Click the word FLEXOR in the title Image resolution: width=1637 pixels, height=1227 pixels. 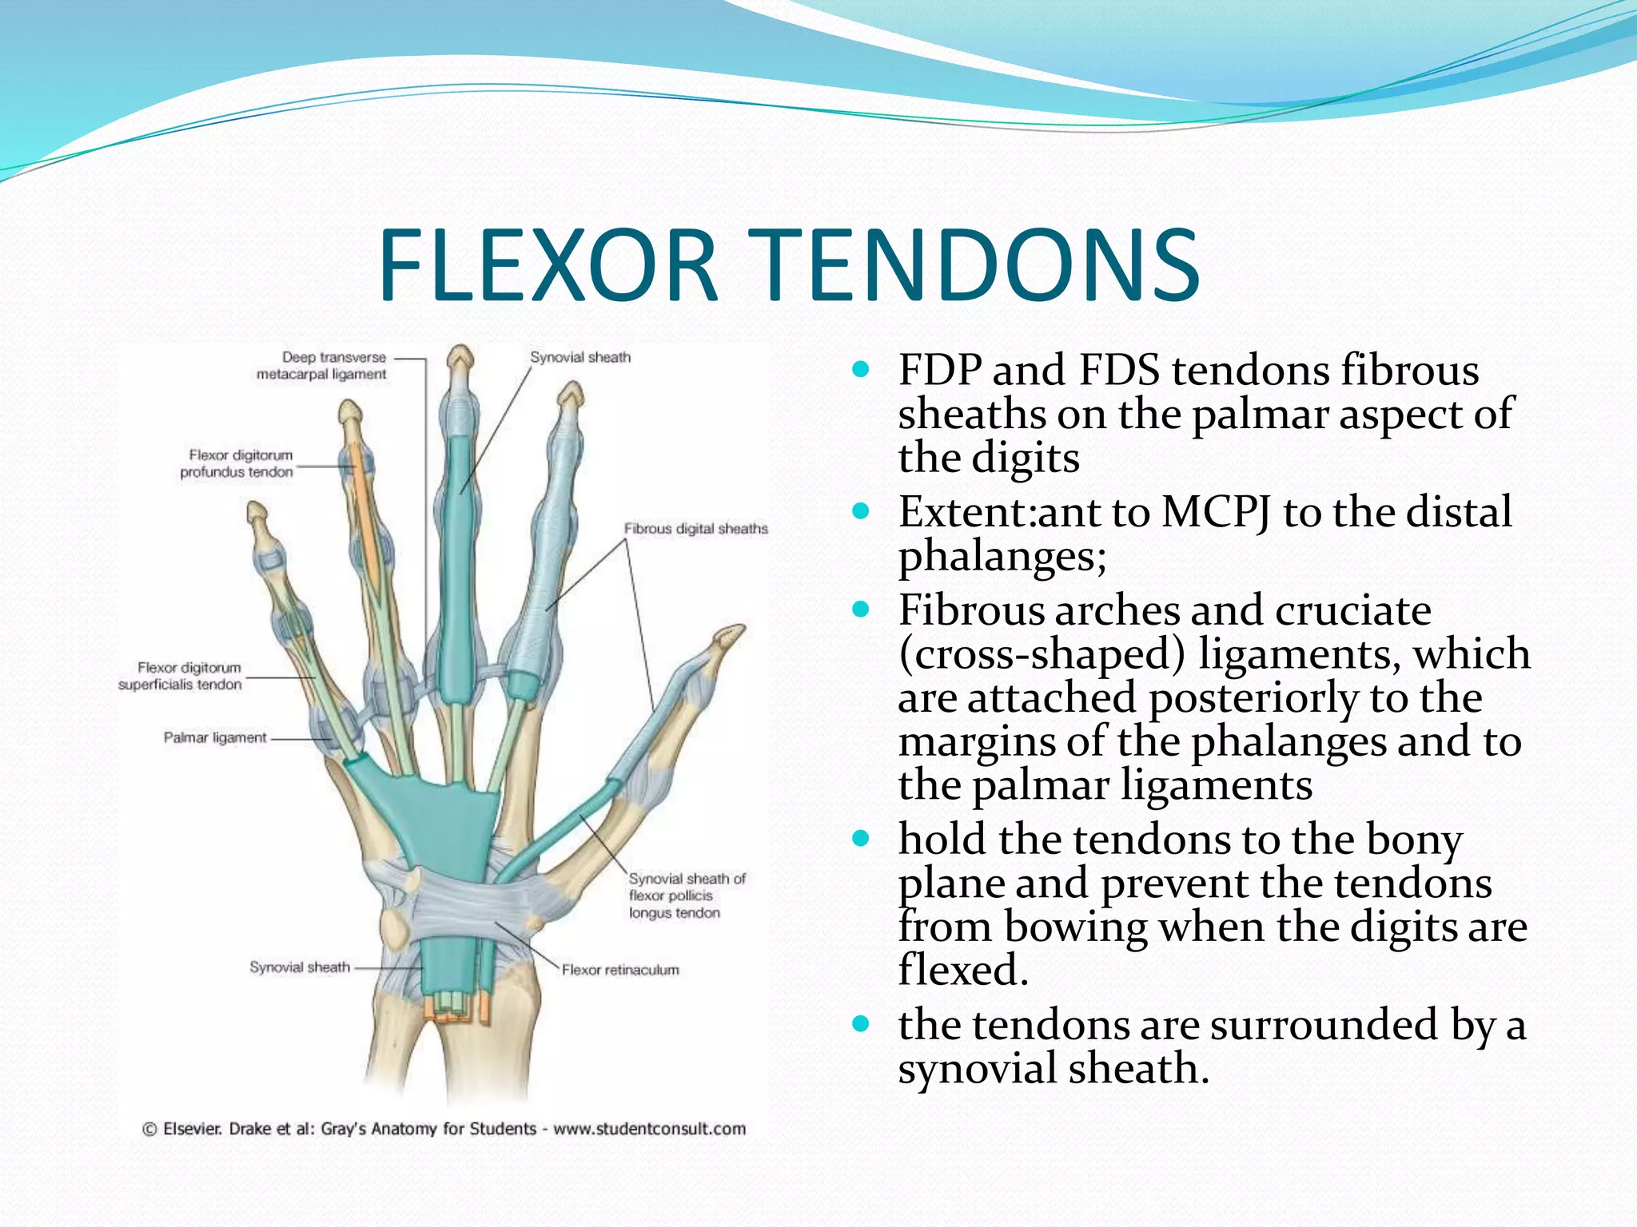click(548, 265)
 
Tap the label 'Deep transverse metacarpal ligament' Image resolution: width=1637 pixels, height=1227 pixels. click(321, 366)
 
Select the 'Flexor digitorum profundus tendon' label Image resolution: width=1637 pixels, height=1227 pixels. click(237, 463)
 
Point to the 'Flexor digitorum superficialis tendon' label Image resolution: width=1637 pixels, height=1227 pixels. click(180, 676)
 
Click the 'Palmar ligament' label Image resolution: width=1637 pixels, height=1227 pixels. click(215, 737)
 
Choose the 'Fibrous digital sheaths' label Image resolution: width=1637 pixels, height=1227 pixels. click(695, 529)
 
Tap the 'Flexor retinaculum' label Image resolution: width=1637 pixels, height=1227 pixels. click(620, 970)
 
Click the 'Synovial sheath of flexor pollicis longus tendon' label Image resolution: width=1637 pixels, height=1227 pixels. click(686, 895)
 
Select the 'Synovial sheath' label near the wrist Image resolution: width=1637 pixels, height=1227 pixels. click(300, 967)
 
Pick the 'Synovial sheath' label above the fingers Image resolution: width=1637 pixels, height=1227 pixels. click(580, 357)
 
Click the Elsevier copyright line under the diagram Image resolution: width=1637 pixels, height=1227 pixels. click(444, 1129)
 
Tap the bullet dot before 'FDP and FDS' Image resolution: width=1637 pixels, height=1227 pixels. click(860, 370)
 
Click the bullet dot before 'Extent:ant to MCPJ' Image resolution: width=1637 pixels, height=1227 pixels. click(860, 511)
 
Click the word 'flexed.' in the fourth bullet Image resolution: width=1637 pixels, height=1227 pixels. click(962, 970)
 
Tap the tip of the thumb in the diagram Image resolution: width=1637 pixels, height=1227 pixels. click(729, 636)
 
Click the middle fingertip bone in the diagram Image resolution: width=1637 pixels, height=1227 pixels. click(460, 359)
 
